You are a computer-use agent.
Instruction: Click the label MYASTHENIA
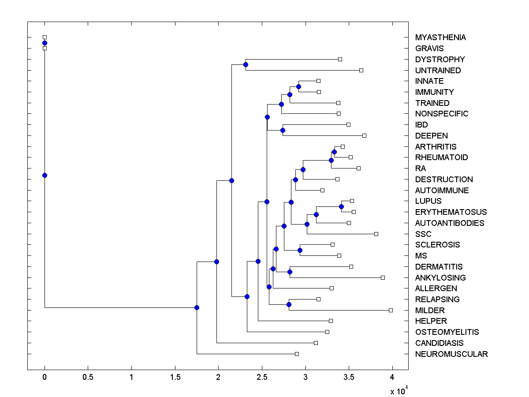440,37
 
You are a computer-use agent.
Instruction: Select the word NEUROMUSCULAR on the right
451,354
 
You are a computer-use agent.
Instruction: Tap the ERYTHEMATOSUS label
451,212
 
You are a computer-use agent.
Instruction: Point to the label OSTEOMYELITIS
447,332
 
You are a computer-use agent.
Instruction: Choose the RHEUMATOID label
441,157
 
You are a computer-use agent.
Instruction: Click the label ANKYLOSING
440,278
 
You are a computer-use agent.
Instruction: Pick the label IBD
421,125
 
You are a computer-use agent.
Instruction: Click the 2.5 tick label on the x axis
262,378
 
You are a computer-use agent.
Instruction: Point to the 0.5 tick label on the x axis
88,378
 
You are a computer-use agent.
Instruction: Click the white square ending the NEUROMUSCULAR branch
297,354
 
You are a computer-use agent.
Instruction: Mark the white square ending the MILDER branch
391,310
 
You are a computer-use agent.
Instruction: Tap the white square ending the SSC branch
376,234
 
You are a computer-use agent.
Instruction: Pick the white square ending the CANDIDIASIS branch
316,343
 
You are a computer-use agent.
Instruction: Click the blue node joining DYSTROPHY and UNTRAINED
246,65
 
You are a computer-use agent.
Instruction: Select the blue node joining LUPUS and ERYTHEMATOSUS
341,206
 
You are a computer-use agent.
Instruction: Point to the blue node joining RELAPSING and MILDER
289,304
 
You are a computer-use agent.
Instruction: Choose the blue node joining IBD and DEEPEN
283,130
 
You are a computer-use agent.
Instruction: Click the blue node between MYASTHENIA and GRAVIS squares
45,43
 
